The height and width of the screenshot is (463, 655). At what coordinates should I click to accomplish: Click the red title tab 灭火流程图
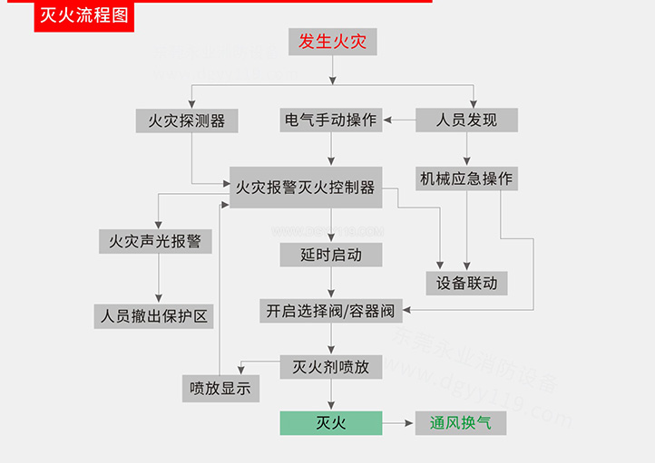(x=84, y=16)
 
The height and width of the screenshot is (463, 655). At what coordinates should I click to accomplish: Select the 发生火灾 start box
(x=332, y=42)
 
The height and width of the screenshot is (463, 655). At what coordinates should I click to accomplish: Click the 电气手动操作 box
(x=330, y=120)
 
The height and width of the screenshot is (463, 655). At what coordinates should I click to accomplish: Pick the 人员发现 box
(x=466, y=120)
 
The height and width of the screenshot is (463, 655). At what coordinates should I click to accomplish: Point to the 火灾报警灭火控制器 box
(x=305, y=188)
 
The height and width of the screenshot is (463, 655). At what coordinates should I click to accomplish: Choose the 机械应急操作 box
(x=466, y=178)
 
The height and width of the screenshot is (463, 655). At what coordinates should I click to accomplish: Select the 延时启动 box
(x=330, y=255)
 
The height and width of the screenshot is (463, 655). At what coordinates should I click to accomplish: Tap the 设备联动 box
(x=466, y=283)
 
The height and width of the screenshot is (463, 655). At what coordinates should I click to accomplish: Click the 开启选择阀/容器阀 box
(x=330, y=311)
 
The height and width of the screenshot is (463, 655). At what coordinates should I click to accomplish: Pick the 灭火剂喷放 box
(x=330, y=367)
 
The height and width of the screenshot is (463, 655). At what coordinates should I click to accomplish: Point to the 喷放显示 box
(x=220, y=389)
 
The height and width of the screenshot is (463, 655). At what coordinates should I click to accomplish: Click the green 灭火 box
(x=330, y=423)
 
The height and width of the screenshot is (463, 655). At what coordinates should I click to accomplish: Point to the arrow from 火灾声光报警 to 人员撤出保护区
(x=159, y=279)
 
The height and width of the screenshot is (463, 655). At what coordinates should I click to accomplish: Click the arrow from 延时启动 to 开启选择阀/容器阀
(x=330, y=283)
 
